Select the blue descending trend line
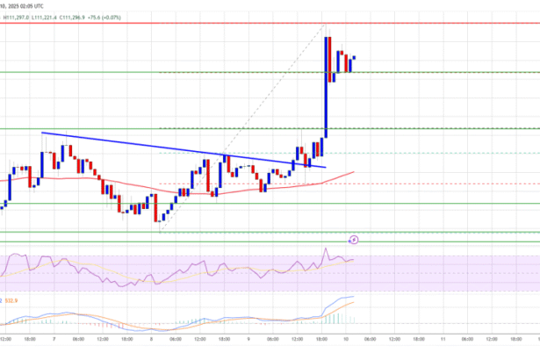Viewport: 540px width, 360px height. pyautogui.click(x=176, y=148)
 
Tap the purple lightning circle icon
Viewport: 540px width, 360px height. pyautogui.click(x=354, y=238)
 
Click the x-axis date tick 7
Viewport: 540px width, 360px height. pyautogui.click(x=54, y=339)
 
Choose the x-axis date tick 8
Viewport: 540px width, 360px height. pyautogui.click(x=151, y=339)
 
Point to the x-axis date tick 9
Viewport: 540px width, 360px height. pyautogui.click(x=248, y=339)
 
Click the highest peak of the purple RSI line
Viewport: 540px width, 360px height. pyautogui.click(x=327, y=250)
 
